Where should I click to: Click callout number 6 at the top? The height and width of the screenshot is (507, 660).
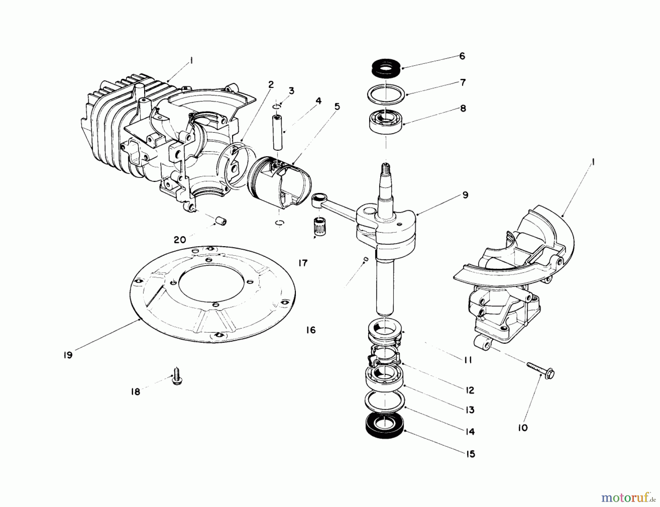[x=462, y=56]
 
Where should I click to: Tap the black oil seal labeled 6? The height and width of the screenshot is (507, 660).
[x=385, y=69]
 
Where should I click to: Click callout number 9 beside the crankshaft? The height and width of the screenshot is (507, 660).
[x=465, y=195]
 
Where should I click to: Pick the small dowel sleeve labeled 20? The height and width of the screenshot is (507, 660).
[x=221, y=221]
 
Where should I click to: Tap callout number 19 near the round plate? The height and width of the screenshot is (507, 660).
[x=68, y=355]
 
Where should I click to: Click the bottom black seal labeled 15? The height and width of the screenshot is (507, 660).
[x=384, y=427]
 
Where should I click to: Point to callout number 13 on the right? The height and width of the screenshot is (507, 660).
[x=470, y=410]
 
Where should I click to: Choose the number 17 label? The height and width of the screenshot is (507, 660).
[x=303, y=263]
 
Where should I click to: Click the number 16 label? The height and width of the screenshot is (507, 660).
[x=311, y=330]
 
